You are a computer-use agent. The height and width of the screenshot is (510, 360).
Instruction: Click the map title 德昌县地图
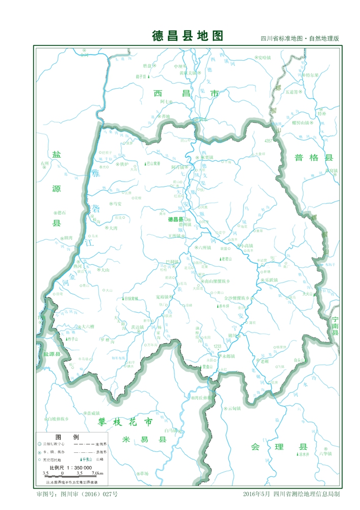pyautogui.click(x=188, y=36)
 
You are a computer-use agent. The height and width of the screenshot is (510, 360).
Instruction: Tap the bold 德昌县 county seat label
pyautogui.click(x=175, y=219)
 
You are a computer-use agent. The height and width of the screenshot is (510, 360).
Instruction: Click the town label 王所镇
pyautogui.click(x=174, y=236)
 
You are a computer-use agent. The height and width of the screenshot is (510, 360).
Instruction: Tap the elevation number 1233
pyautogui.click(x=218, y=346)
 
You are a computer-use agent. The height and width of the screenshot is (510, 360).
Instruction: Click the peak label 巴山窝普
pyautogui.click(x=150, y=164)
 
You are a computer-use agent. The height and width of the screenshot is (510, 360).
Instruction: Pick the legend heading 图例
pyautogui.click(x=66, y=438)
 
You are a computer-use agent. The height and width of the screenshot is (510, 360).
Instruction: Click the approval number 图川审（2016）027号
pyautogui.click(x=89, y=494)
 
